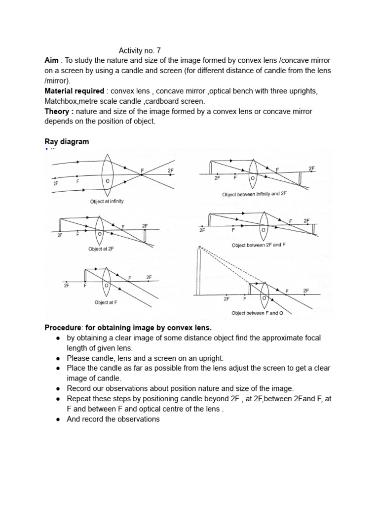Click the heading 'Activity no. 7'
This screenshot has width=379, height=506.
[x=140, y=50]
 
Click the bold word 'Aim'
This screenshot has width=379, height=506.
[x=52, y=61]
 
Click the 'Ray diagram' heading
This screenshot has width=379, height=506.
[x=67, y=142]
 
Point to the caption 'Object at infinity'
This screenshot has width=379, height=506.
[x=107, y=202]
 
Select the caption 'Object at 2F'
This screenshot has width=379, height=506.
[x=101, y=249]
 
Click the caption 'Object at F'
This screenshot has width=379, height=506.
[x=106, y=302]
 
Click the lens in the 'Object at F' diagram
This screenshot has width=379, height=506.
[x=106, y=281]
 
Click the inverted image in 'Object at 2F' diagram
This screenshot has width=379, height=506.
[x=145, y=236]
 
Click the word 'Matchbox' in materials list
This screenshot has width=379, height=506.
[x=61, y=101]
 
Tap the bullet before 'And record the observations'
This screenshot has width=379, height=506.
[x=58, y=419]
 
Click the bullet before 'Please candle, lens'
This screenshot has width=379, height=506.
[x=58, y=358]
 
